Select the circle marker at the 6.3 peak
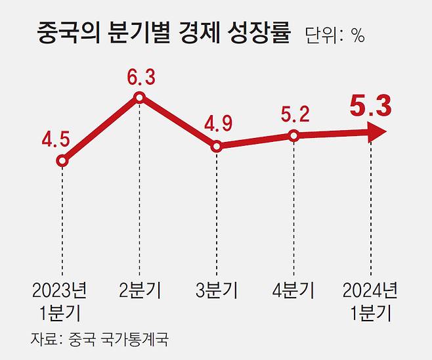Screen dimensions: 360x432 139,98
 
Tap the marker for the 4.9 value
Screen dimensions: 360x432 217,146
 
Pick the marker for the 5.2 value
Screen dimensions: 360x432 294,136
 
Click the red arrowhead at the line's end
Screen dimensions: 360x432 377,133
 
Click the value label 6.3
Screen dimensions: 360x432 140,78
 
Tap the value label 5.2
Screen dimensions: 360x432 294,114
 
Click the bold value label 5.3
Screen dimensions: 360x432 371,106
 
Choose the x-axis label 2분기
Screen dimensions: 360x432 140,289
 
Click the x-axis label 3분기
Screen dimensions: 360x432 217,289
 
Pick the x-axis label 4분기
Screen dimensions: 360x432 294,289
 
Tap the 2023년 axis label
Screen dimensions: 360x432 59,289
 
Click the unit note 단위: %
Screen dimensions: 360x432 335,35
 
